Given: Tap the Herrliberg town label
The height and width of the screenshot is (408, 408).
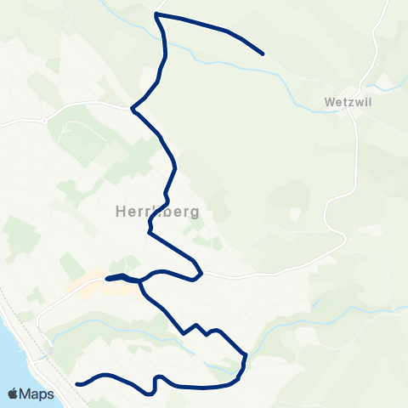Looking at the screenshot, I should coord(156,212).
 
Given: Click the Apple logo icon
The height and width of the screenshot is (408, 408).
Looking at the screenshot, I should coord(14,394).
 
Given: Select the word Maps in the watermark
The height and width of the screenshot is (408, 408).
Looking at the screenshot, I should coord(38,394).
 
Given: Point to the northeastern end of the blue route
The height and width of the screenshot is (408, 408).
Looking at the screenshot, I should coord(263,54).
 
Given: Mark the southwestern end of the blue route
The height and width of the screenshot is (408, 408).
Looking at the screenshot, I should coord(77,384).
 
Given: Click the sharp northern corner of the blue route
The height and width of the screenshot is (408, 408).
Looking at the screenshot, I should coord(156,14).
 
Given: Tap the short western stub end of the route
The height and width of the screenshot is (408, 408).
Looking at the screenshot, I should coord(107,279).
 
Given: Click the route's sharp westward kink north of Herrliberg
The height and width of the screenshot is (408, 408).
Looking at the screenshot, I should coord(133,108).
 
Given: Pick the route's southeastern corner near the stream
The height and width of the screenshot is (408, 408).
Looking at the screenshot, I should coord(245,355).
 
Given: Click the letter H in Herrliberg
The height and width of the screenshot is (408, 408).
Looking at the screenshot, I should coord(119,212).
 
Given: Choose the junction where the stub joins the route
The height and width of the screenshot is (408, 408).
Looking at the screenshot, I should coord(139,280).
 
